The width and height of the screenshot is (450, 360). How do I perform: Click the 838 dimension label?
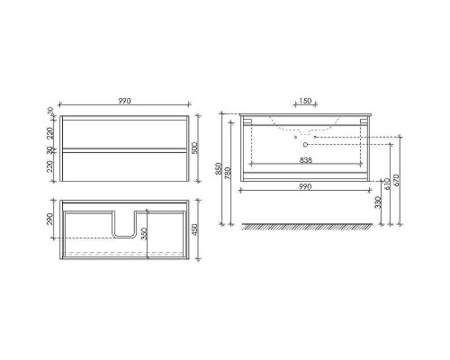click(x=306, y=160)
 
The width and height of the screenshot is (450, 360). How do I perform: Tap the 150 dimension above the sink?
click(x=305, y=101)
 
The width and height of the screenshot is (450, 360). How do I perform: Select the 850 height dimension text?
click(x=219, y=168)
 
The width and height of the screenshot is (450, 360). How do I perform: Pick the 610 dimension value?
click(x=387, y=184)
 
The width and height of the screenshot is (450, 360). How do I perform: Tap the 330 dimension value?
click(x=378, y=202)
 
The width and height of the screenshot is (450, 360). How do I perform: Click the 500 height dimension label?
click(x=194, y=148)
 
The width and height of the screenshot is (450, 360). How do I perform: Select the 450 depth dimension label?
click(x=194, y=229)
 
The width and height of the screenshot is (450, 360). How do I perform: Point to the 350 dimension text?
click(x=144, y=234)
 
